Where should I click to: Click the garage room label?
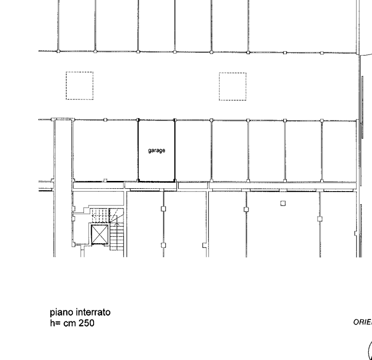(157, 151)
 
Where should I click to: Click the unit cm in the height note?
(69, 323)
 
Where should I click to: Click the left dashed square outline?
(80, 85)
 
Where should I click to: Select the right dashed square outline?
(233, 86)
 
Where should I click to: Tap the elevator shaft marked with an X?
(99, 235)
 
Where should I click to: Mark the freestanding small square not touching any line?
(283, 204)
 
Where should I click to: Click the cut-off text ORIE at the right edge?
(362, 322)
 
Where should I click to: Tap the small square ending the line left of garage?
(105, 180)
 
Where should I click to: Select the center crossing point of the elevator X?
(99, 235)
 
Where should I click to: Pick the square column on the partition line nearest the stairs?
(163, 208)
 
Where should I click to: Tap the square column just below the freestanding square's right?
(319, 219)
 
